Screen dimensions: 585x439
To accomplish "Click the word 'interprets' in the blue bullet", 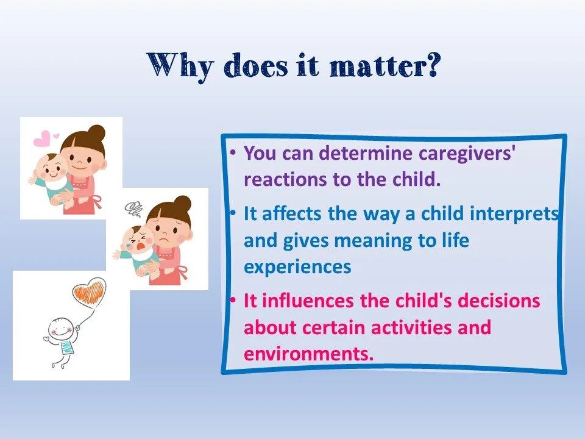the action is click(x=514, y=214).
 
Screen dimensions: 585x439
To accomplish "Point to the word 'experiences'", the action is click(x=297, y=267).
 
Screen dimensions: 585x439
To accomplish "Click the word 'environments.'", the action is click(x=308, y=353).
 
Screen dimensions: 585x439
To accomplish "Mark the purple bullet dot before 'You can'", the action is click(x=233, y=152).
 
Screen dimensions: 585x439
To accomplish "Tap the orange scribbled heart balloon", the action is click(x=89, y=290).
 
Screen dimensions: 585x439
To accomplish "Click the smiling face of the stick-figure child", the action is click(x=60, y=329).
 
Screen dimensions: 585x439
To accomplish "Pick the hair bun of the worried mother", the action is click(x=183, y=204).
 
